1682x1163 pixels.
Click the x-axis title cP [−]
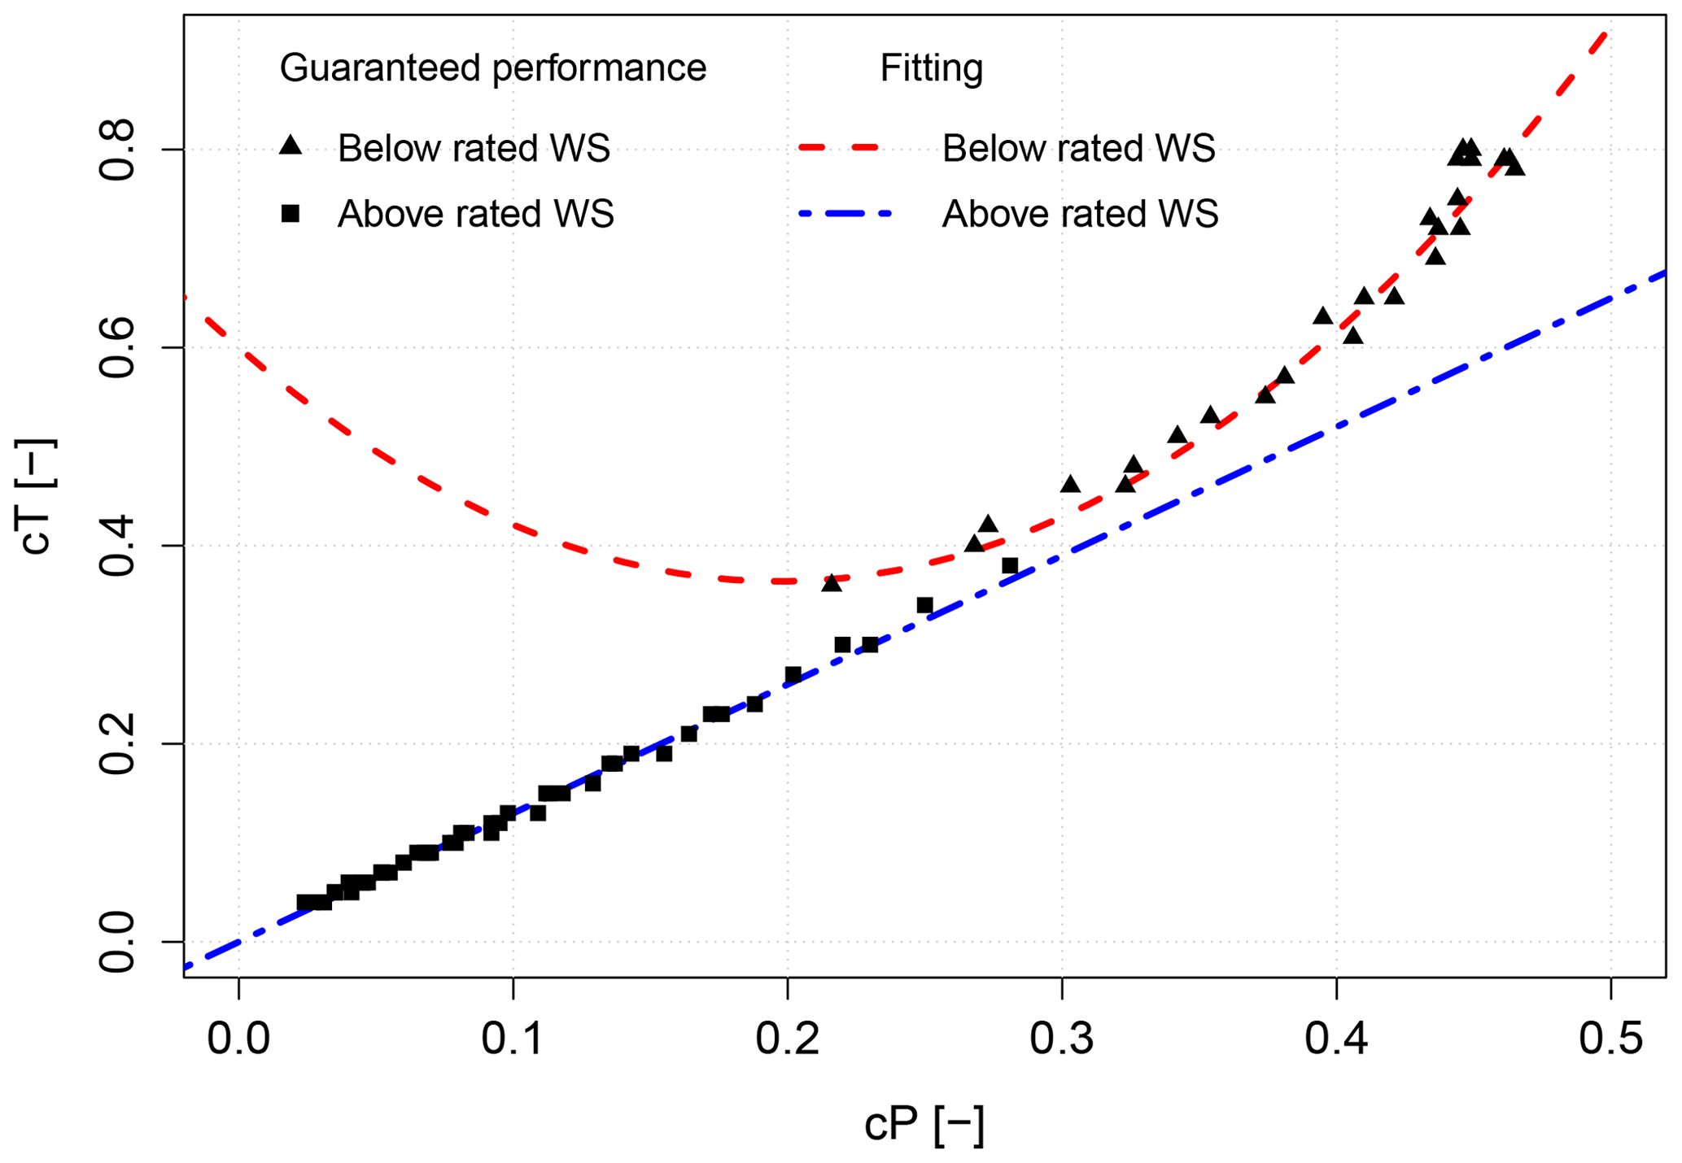pos(924,1126)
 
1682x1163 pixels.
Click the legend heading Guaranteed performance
pos(492,68)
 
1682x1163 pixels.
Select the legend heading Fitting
pos(931,68)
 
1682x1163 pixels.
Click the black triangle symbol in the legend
pos(291,146)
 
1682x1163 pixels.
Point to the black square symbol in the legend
pos(291,214)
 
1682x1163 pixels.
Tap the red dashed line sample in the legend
pos(839,147)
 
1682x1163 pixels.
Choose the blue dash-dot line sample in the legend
pos(845,214)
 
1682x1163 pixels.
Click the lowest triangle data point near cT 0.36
pos(831,583)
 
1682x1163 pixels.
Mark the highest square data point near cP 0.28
pos(1010,565)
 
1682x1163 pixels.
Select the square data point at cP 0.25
pos(924,605)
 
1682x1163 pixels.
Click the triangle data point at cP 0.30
pos(1070,485)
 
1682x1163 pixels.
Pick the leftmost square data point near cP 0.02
pos(304,902)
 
